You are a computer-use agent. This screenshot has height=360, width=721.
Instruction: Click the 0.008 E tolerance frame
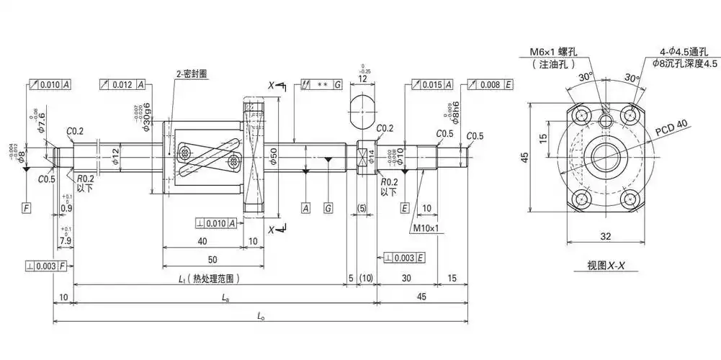[491, 85]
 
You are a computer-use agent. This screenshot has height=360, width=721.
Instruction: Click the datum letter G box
[328, 208]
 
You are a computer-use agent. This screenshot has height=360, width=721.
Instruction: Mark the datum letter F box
[26, 208]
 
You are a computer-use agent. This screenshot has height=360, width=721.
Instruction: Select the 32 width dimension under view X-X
[605, 235]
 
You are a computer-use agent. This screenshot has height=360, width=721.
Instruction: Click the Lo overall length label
[261, 315]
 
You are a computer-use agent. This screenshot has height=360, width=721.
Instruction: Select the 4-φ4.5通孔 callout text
[689, 52]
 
